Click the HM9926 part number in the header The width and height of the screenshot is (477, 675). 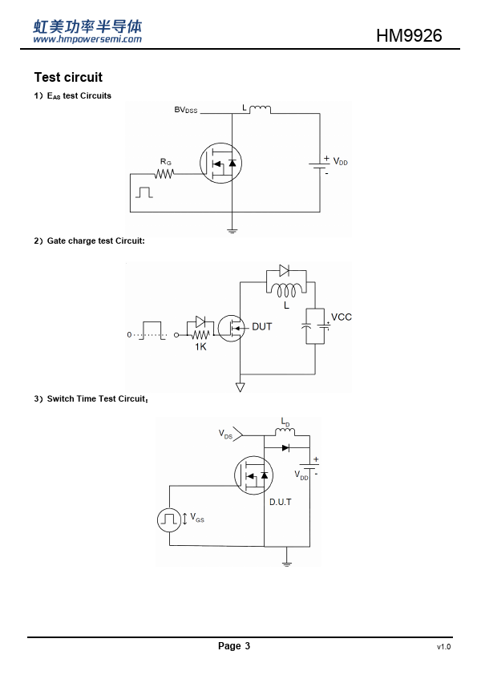pos(409,35)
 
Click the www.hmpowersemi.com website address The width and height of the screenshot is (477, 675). pos(87,39)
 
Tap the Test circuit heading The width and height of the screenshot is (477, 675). pos(68,77)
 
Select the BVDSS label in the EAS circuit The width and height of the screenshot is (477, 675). pos(185,110)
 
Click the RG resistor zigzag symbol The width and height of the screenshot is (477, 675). pos(164,174)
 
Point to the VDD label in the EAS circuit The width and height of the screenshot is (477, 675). pos(340,162)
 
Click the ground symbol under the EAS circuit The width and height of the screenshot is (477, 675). pos(232,230)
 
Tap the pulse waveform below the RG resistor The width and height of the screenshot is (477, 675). pos(144,192)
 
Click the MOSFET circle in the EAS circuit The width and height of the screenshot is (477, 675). pos(220,164)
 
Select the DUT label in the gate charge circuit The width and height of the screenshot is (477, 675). pos(261,327)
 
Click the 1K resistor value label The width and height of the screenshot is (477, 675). pos(200,346)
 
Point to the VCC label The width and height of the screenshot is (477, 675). pos(341,317)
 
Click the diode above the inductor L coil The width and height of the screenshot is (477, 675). pos(284,270)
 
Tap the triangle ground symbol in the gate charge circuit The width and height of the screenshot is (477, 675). pos(241,387)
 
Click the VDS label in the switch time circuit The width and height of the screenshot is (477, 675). pos(225,434)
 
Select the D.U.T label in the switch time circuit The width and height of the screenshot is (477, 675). pos(281,502)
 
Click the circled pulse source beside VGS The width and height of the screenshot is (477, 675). pos(169,519)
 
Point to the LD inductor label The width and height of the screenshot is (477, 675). pos(285,422)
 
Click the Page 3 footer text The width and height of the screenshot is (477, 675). pos(234,645)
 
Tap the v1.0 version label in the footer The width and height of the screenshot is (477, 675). pos(444,647)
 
